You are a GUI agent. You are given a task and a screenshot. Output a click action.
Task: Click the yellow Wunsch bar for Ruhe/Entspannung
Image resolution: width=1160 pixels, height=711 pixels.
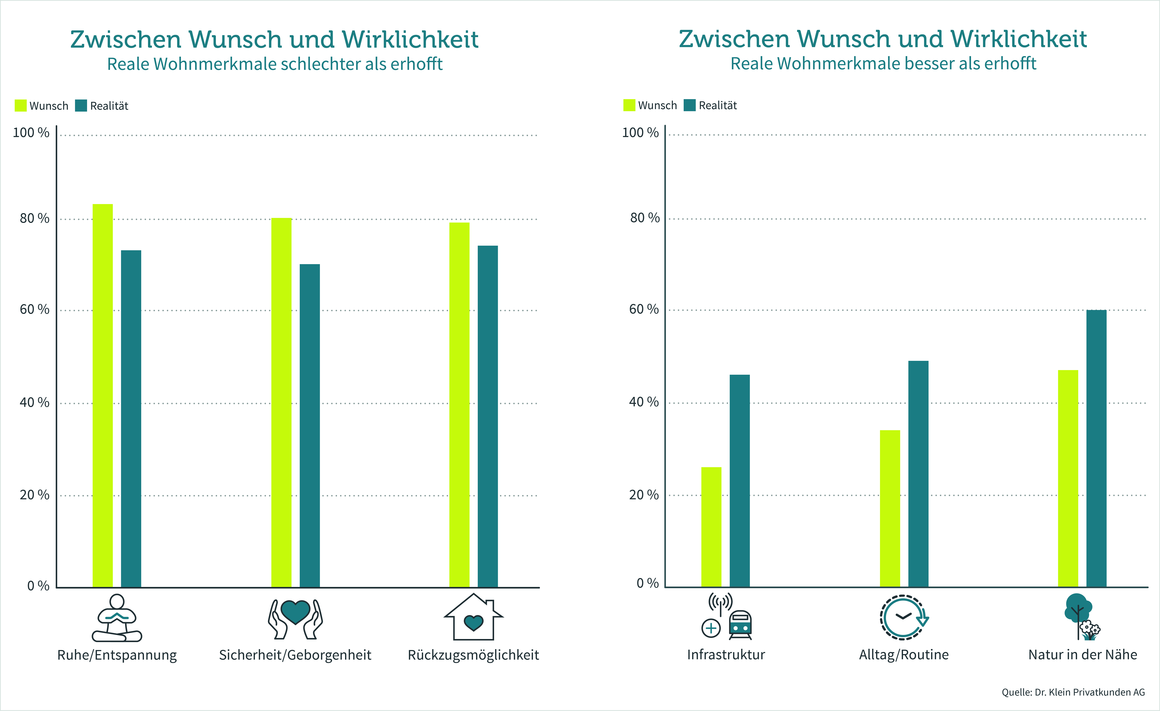pyautogui.click(x=103, y=395)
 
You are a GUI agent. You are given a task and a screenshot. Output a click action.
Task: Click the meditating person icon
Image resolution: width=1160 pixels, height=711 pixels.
pyautogui.click(x=117, y=618)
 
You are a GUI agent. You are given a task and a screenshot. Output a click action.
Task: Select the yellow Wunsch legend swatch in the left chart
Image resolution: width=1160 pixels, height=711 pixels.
pyautogui.click(x=21, y=105)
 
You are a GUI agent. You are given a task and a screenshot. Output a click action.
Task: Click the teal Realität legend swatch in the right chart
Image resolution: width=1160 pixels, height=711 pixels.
pyautogui.click(x=690, y=105)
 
